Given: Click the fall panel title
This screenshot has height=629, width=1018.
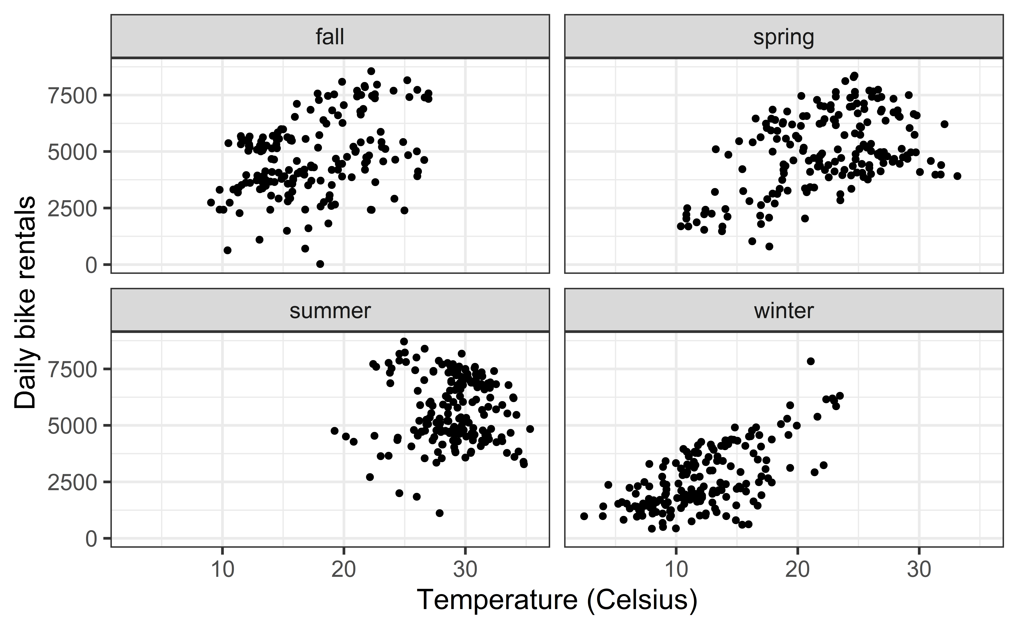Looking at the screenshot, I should [x=330, y=37].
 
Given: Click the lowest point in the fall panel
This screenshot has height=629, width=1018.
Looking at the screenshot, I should [x=320, y=264].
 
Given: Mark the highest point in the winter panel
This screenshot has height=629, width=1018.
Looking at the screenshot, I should [x=810, y=361].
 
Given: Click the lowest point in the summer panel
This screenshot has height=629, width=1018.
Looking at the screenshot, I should [x=439, y=513].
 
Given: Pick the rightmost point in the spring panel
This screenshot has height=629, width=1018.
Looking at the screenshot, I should [x=957, y=176].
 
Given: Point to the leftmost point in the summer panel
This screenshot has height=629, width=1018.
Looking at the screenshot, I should [x=335, y=431].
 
